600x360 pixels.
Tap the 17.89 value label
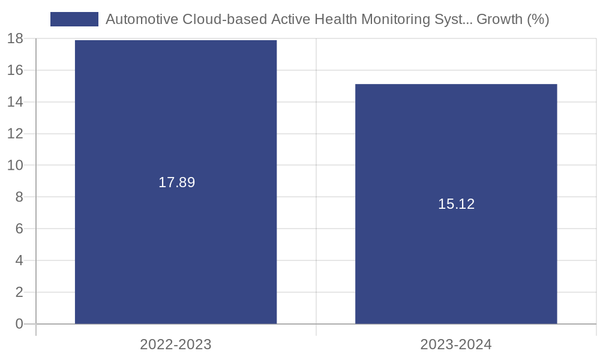pos(176,182)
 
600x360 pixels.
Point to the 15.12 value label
pos(456,204)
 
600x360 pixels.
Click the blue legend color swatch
pos(74,19)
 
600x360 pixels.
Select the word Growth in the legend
pos(499,19)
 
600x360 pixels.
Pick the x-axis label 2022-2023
pos(176,344)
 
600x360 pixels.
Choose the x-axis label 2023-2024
pos(456,344)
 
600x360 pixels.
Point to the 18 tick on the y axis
pos(15,39)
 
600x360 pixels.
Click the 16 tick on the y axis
pos(15,70)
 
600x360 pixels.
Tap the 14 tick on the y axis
pos(15,102)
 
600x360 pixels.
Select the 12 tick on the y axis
pos(15,134)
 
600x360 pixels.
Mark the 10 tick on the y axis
pos(15,165)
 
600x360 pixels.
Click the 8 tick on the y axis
pos(19,197)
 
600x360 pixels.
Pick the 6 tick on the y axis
pos(19,229)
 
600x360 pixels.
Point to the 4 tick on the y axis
pos(19,260)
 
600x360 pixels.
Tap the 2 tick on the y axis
pos(19,292)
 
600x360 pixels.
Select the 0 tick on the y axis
pos(19,324)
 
